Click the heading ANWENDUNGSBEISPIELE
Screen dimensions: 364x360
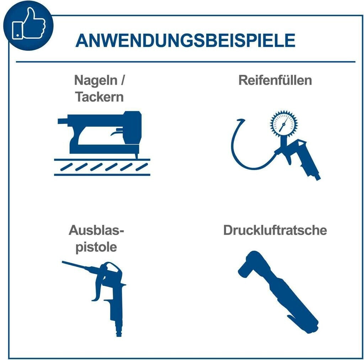(185, 41)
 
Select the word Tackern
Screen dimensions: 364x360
(100, 97)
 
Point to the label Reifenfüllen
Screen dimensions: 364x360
(275, 80)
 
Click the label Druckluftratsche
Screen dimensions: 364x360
(275, 230)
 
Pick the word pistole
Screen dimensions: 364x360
(96, 247)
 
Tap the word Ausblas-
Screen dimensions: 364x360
(96, 230)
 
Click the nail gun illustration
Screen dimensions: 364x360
(100, 135)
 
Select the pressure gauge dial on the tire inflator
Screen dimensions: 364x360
(283, 124)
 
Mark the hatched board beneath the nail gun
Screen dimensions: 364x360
(102, 167)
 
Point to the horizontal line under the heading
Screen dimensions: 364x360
(186, 62)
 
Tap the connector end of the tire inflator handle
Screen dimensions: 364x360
(317, 177)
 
